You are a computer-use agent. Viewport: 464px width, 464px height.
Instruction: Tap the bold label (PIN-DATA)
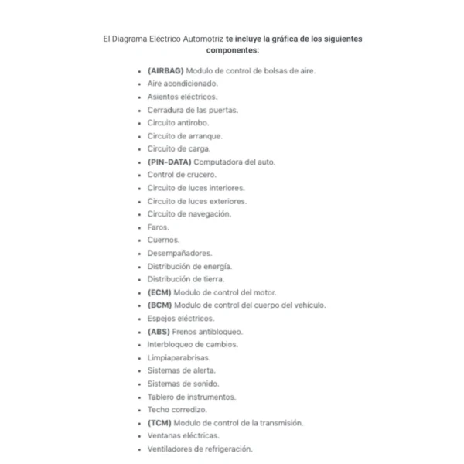(169, 162)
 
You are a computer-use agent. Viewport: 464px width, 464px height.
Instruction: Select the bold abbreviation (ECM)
(159, 292)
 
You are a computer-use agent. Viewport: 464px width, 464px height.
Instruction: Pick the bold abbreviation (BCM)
(159, 305)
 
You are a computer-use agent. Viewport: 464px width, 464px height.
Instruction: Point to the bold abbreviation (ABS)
(159, 332)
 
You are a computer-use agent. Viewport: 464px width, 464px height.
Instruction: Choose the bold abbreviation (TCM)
(159, 423)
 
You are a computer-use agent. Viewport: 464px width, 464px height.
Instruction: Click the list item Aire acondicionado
(183, 84)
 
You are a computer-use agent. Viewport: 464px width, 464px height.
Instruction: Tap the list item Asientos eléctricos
(183, 97)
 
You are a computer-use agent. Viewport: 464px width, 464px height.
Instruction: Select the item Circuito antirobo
(178, 122)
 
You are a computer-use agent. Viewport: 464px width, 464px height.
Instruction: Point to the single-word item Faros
(158, 227)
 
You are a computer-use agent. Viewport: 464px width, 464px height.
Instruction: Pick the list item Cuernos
(163, 240)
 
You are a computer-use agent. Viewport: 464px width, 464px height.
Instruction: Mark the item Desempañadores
(179, 253)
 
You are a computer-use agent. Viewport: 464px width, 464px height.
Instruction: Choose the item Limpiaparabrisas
(179, 357)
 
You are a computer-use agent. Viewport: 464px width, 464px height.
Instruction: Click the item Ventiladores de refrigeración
(200, 449)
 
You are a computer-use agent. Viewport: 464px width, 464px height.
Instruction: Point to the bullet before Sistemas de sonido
(140, 384)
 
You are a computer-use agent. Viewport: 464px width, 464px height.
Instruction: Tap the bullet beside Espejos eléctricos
(140, 319)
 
